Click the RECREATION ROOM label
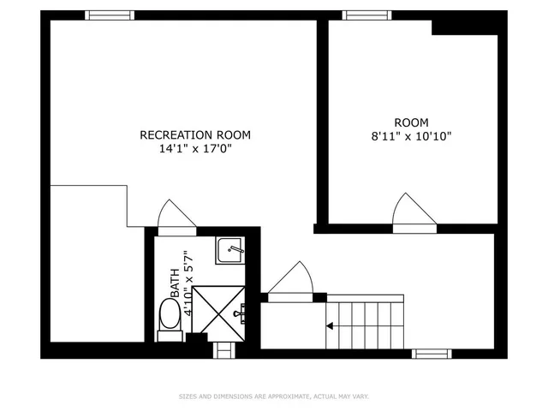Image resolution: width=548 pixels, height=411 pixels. coord(195,134)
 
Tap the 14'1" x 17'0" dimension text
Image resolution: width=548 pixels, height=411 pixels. coord(195,148)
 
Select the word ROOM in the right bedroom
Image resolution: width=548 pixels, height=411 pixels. coord(411,122)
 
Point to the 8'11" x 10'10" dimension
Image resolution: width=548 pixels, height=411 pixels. coord(411,136)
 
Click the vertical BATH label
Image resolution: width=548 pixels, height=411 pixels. coord(175,283)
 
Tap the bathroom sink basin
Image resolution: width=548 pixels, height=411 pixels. coord(229,250)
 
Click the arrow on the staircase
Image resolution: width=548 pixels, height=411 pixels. coord(331,325)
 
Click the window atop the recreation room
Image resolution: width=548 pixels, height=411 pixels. coord(110,15)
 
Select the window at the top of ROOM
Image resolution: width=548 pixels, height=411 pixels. coord(367,15)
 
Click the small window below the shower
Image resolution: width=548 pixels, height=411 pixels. coord(223,351)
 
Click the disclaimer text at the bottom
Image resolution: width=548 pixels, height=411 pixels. coord(274,396)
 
